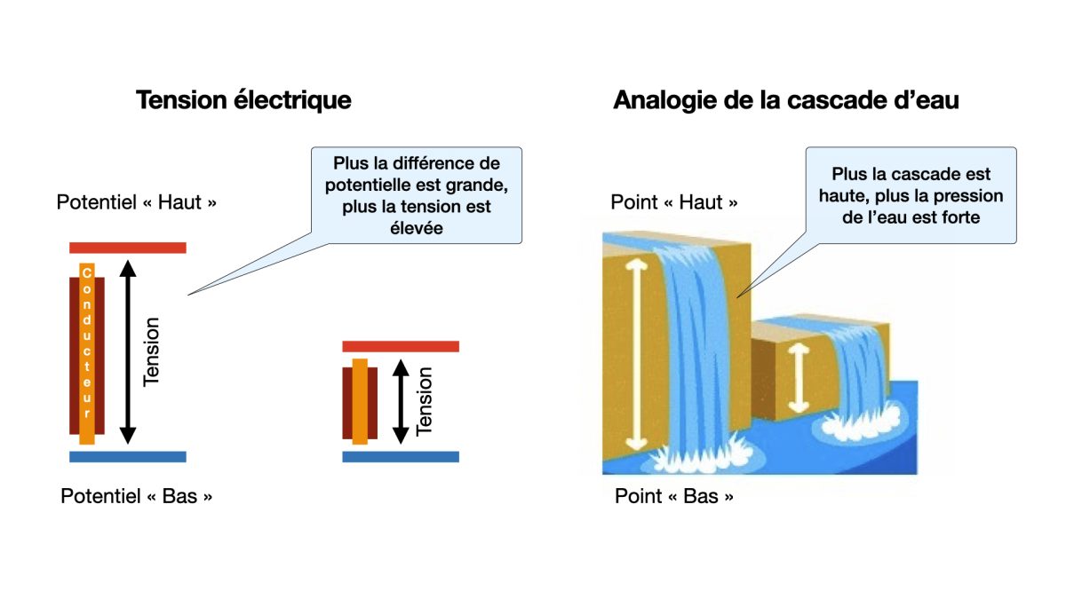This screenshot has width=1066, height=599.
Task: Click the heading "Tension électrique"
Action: tap(243, 100)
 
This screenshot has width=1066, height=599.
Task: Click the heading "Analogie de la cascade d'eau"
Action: tap(785, 100)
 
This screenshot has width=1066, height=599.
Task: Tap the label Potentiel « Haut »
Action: tap(137, 202)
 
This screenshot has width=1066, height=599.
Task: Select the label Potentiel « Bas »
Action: tap(137, 496)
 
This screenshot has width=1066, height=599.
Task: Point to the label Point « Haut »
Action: tap(673, 202)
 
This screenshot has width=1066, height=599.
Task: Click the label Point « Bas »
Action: tap(674, 496)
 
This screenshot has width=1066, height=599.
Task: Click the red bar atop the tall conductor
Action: tap(128, 248)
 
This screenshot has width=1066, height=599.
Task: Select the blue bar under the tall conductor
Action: tap(128, 456)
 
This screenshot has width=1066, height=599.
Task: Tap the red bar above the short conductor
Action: tap(401, 346)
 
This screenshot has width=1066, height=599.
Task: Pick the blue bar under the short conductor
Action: tap(401, 456)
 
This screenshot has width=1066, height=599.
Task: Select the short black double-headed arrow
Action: tap(401, 401)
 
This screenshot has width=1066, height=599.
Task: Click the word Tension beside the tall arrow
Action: tap(152, 351)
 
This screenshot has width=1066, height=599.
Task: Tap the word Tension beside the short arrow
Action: tap(425, 401)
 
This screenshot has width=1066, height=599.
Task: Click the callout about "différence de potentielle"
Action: tap(416, 195)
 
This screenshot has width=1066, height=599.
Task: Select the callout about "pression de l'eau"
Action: tap(911, 195)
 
